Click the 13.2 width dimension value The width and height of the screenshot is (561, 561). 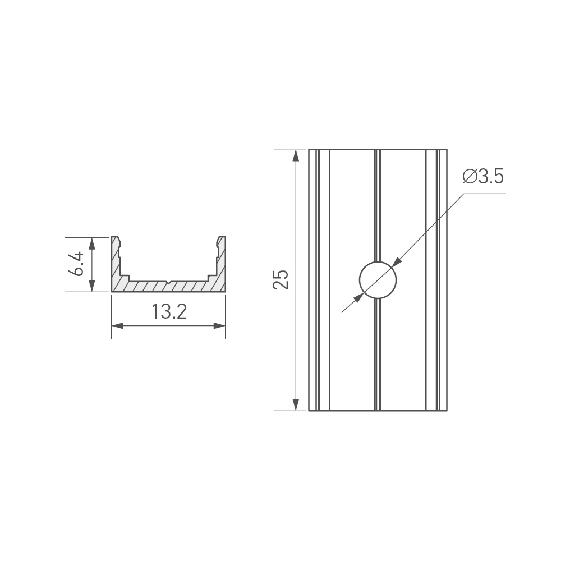169,311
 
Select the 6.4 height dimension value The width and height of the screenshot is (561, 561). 76,264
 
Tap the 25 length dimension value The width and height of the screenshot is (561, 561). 280,279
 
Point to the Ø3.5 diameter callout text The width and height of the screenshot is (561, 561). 483,176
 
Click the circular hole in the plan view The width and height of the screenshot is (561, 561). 378,280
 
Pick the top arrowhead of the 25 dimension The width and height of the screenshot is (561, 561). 296,155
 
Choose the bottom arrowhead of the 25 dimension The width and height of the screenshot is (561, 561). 296,404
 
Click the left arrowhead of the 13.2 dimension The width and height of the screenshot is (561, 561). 117,325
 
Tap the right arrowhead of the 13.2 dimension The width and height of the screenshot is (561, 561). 219,325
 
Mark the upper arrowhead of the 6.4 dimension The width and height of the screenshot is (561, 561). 93,243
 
